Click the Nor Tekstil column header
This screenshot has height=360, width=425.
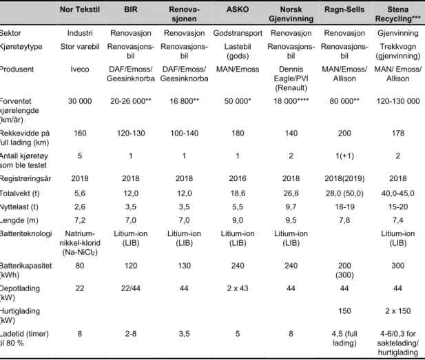(80, 10)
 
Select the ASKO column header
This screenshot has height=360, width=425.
(238, 10)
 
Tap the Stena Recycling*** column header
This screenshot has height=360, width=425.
(397, 14)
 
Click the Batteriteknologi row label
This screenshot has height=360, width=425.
(25, 234)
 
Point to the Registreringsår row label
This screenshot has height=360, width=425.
(25, 179)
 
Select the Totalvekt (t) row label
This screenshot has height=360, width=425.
(19, 193)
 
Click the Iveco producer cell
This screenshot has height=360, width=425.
(80, 70)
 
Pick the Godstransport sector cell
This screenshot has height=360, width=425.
(238, 33)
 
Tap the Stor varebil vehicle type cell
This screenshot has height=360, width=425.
(80, 47)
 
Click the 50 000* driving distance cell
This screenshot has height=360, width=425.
(238, 101)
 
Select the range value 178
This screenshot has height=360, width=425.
(398, 134)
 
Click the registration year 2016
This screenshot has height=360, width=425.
(238, 178)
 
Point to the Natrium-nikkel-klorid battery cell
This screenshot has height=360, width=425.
(80, 243)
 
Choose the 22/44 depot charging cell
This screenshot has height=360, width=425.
(131, 288)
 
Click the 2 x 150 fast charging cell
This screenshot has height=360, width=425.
(398, 311)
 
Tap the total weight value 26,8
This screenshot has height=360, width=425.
(291, 193)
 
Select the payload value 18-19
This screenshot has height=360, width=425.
(344, 207)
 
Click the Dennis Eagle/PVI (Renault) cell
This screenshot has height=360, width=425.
(291, 78)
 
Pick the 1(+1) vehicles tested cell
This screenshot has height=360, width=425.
(344, 156)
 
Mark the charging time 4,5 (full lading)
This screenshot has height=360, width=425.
(344, 339)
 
